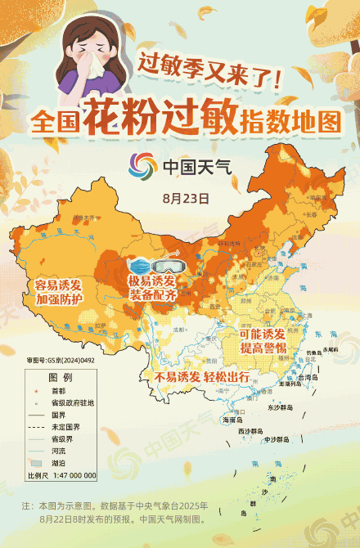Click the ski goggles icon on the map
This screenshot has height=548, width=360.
click(x=170, y=265)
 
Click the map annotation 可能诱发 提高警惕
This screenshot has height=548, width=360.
click(x=262, y=342)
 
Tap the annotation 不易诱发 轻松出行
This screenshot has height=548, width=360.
click(x=201, y=377)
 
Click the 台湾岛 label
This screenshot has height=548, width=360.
click(x=304, y=379)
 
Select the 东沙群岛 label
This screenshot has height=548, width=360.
click(x=284, y=407)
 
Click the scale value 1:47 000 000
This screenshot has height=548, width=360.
click(x=74, y=475)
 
